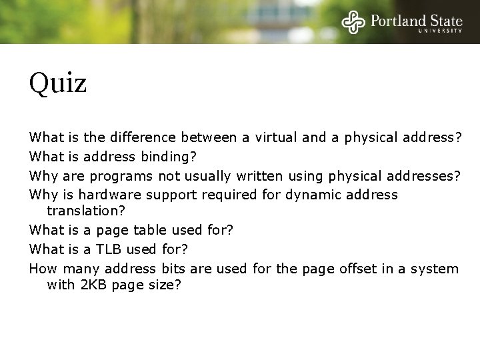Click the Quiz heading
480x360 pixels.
coord(58,83)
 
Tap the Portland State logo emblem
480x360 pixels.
coord(353,21)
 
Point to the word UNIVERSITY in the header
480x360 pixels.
coord(440,31)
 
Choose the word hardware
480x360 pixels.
coord(108,195)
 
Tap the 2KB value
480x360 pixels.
coord(93,285)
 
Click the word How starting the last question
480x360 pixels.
coord(42,269)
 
